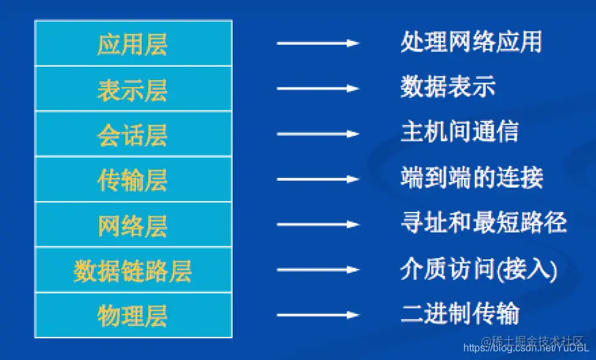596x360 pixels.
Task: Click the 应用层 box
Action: point(133,44)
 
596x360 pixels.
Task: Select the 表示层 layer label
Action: point(133,89)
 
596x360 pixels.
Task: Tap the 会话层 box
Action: point(133,135)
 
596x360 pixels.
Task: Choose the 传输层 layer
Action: point(133,180)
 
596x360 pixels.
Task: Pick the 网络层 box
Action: point(133,225)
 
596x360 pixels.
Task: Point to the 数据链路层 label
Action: point(133,271)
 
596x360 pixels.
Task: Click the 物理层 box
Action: point(133,315)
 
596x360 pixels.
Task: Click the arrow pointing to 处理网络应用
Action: point(317,44)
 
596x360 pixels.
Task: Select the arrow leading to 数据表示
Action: point(317,88)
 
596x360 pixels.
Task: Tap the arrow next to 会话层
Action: point(317,134)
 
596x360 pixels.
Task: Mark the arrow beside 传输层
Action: point(317,179)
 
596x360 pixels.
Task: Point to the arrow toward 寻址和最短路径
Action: point(317,225)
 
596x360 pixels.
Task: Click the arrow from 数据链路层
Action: point(317,270)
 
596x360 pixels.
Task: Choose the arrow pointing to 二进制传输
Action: point(317,315)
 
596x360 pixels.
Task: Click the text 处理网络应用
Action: point(471,42)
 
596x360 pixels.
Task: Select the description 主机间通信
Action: point(459,131)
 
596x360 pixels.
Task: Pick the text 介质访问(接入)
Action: point(479,268)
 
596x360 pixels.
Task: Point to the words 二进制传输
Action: point(459,314)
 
